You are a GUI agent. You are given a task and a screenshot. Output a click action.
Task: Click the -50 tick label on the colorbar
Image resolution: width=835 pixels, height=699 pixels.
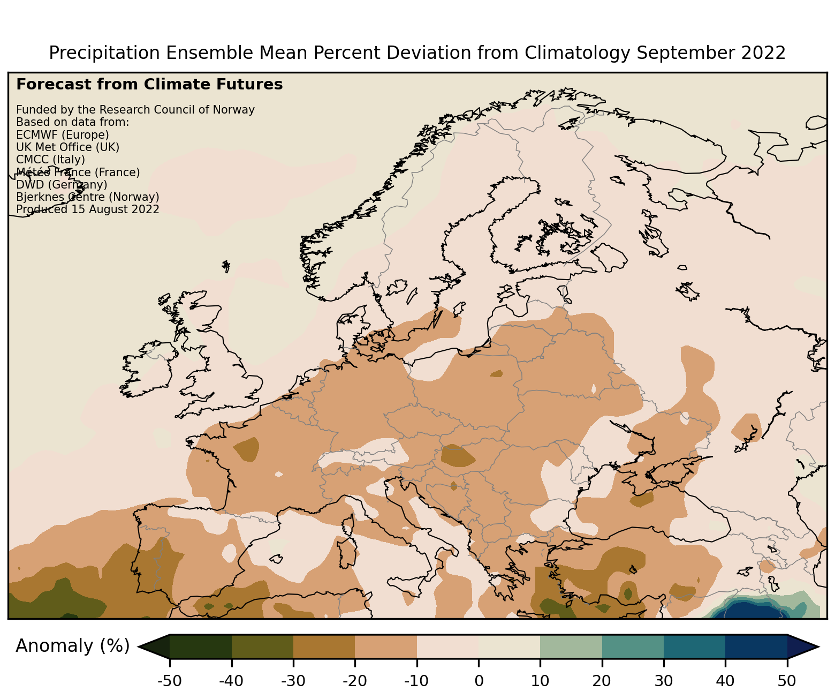pos(170,681)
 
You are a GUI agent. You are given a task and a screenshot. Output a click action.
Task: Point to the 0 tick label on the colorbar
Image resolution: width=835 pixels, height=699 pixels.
pos(479,681)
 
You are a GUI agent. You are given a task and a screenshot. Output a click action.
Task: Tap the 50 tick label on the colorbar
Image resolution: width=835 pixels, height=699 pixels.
pos(787,681)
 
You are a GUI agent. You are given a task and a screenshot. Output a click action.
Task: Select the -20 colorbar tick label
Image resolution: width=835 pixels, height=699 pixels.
pos(355,681)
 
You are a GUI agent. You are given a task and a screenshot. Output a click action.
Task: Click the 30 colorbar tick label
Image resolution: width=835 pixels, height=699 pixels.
pos(663,681)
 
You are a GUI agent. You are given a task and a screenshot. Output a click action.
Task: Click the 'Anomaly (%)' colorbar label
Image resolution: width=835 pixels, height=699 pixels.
pos(73,646)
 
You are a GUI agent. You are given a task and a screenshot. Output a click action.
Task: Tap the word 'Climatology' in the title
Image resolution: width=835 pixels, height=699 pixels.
pos(577,53)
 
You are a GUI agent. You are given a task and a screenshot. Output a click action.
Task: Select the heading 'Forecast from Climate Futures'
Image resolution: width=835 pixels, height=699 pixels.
pos(149,85)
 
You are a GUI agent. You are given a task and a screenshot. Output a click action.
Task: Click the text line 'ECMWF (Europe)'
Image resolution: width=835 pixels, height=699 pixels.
pos(63,135)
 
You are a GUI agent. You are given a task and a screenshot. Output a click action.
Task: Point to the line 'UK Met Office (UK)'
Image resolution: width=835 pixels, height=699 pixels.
pos(67,147)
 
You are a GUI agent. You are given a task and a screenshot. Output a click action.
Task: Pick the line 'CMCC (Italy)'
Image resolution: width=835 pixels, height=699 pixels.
pos(50,160)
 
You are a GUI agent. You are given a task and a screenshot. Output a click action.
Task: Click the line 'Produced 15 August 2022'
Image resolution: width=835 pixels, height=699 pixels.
pos(88,209)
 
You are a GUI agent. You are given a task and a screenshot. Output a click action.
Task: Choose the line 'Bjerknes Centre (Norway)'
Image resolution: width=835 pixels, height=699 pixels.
pos(88,197)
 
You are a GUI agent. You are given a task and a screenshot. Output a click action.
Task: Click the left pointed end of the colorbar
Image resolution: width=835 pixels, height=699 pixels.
pos(139,647)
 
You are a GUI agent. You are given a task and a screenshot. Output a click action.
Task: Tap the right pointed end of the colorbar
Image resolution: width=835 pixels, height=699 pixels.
pos(818,647)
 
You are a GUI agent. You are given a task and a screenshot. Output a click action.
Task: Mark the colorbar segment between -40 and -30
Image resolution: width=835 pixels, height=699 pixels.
pos(262,647)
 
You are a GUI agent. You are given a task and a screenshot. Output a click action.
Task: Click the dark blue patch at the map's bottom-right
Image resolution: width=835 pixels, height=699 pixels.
pos(752,610)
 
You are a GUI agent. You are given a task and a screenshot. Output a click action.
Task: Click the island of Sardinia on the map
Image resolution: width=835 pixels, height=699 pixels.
pos(346,553)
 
